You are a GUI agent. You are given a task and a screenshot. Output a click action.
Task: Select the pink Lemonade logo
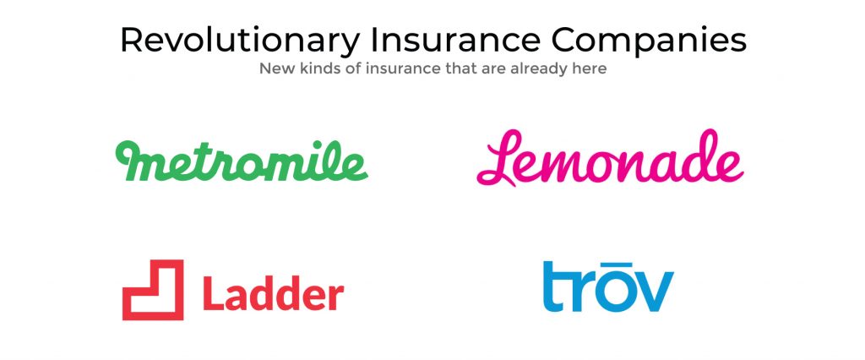[x=610, y=159]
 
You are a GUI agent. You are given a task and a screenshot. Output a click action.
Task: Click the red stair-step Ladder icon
[x=153, y=290]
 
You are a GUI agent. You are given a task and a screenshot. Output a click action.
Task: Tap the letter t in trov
[x=554, y=287]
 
